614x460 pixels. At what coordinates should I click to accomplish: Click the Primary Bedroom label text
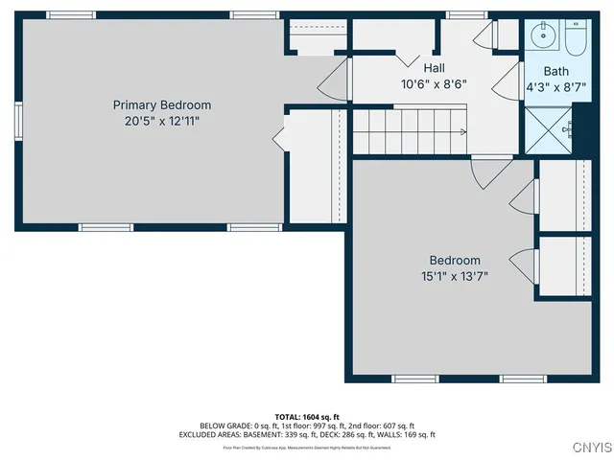click(162, 104)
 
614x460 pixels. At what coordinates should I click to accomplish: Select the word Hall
click(434, 68)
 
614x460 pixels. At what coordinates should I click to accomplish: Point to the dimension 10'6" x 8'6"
click(434, 83)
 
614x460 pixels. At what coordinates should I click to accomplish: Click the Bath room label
click(555, 71)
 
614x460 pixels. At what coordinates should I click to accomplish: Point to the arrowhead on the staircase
click(463, 132)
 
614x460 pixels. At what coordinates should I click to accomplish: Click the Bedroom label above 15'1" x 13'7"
click(455, 261)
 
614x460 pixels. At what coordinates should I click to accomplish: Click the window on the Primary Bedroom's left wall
click(18, 123)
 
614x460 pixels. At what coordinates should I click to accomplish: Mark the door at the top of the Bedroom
click(486, 171)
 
